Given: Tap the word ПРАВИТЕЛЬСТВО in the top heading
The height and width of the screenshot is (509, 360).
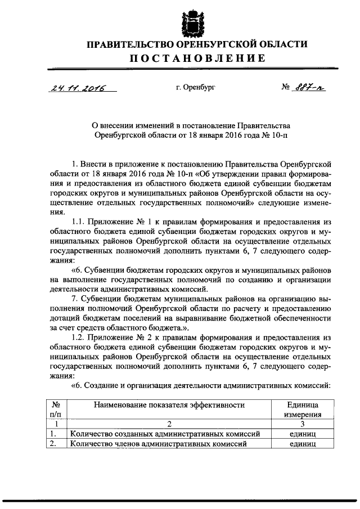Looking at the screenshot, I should coord(130,44).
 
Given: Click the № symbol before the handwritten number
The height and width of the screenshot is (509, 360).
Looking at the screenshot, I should coord(285,88).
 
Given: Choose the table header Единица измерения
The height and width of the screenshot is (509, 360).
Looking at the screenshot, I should coord(303,409).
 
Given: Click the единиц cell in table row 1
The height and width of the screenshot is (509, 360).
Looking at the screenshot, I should coord(303,434).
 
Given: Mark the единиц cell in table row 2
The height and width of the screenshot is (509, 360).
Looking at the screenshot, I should coord(303,444).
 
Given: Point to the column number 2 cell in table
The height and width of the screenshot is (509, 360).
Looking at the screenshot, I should coord(169,424).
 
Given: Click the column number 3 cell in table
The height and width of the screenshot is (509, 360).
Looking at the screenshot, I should coord(303,424).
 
